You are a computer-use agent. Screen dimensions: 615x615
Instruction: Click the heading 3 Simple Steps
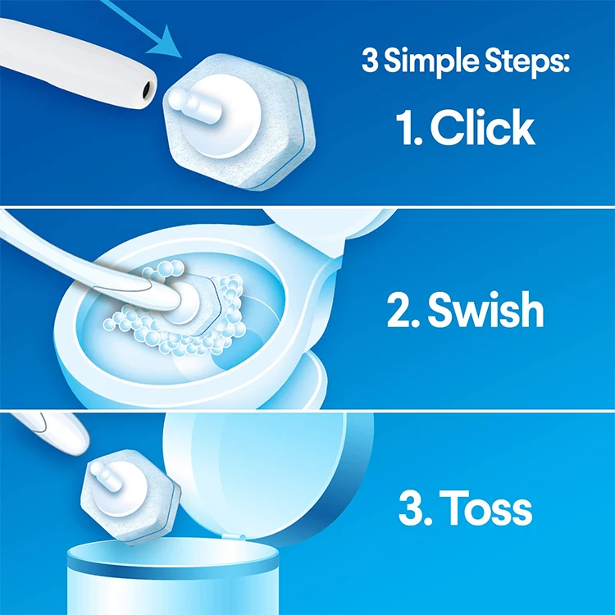(466, 62)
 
